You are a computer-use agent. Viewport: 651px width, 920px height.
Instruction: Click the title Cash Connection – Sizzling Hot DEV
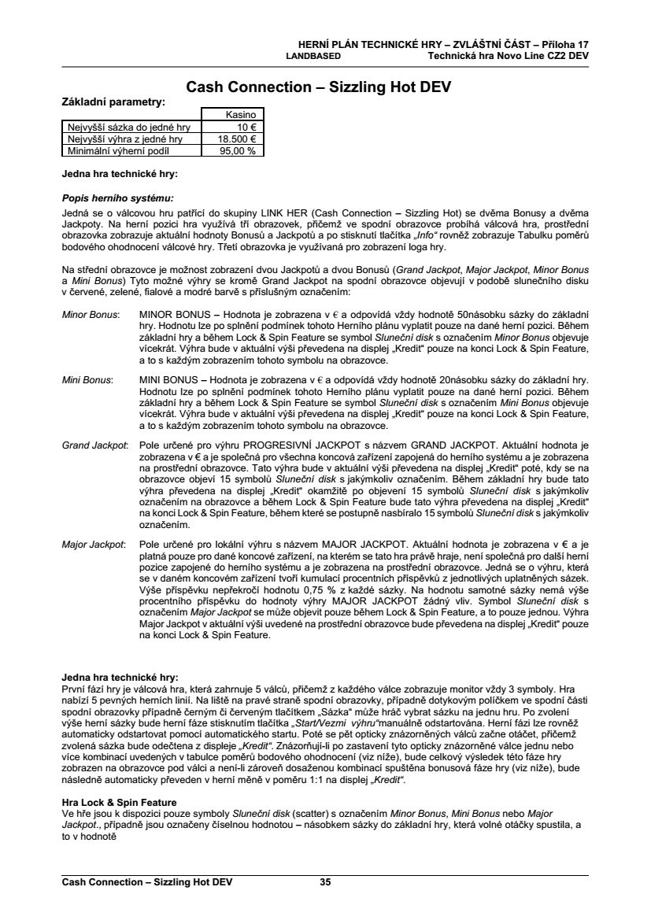(x=318, y=87)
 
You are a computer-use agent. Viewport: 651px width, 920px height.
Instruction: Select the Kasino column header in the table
(x=241, y=115)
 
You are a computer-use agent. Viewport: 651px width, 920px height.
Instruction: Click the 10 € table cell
(x=252, y=127)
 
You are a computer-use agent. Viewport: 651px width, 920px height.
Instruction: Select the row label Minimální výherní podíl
(x=118, y=150)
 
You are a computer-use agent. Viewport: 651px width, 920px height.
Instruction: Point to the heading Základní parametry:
(x=113, y=101)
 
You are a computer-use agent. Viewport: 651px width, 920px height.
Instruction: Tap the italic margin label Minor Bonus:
(x=90, y=314)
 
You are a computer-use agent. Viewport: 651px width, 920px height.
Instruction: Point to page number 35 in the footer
(x=325, y=881)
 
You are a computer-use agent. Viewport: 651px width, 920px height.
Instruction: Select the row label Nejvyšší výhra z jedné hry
(x=126, y=139)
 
